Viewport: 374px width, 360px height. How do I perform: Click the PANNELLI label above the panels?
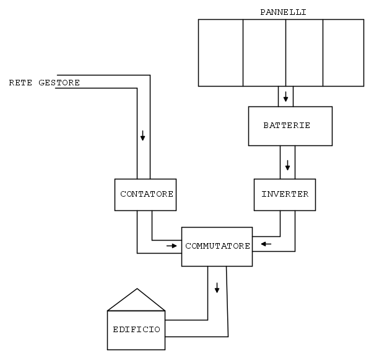pos(284,12)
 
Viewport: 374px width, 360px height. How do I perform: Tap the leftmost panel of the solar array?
pos(220,53)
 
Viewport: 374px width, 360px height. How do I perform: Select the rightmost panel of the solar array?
pos(343,53)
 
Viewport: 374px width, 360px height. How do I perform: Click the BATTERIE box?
pos(287,126)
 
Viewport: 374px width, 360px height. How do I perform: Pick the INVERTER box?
pos(285,194)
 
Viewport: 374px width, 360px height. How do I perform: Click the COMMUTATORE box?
pos(217,246)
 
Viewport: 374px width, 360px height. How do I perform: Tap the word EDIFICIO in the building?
pos(136,329)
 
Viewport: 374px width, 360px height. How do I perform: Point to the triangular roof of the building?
pos(136,301)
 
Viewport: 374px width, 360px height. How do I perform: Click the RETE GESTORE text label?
pos(45,82)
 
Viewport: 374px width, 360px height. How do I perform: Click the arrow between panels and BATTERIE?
pos(286,97)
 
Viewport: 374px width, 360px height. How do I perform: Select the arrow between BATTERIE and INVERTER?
pos(287,166)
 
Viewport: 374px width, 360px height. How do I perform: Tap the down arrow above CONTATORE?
pos(143,135)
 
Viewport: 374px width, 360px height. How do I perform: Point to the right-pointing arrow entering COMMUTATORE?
pos(171,246)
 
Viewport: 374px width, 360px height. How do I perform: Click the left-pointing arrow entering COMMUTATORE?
pos(266,244)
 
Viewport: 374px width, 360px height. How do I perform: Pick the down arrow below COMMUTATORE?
pos(217,288)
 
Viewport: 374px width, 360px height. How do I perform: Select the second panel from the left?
pos(264,53)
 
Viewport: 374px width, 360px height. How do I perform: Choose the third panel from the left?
pos(304,53)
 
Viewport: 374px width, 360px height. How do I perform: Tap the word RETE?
pos(20,82)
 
